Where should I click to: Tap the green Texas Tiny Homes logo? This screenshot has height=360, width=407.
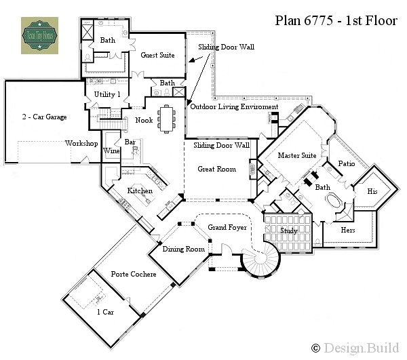pos(39,35)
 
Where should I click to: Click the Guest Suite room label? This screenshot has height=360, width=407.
pos(159,56)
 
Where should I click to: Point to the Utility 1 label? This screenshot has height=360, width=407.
pos(107,95)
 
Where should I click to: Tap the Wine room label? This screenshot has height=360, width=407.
pos(111,151)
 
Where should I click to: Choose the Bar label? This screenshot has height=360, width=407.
pos(130,142)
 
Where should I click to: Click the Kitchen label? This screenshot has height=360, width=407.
pos(140,191)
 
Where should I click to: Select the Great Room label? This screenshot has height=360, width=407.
pos(217,168)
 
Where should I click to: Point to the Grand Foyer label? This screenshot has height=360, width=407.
pos(228,228)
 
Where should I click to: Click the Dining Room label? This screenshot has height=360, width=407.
pos(184,249)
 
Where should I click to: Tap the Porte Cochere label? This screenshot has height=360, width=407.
pos(134,275)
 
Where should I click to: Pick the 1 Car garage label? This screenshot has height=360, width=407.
pos(105,312)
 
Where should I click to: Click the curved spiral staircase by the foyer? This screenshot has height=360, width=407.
pos(261,264)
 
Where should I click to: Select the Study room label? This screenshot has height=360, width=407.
pos(289,231)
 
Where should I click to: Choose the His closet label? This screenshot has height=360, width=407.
pos(372,192)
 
